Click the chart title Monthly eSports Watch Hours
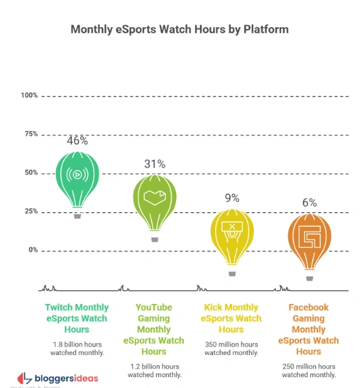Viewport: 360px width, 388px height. pyautogui.click(x=179, y=29)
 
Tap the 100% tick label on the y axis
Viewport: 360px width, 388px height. pyautogui.click(x=29, y=96)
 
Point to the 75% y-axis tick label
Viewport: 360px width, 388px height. pyautogui.click(x=30, y=135)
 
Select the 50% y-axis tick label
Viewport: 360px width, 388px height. pyautogui.click(x=30, y=173)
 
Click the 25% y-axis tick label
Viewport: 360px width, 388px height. pyautogui.click(x=30, y=212)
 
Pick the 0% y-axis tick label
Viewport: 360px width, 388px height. pyautogui.click(x=32, y=250)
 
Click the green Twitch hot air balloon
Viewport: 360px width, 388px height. pyautogui.click(x=77, y=178)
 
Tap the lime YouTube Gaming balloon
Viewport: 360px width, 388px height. pyautogui.click(x=155, y=200)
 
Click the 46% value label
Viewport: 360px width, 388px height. pyautogui.click(x=77, y=140)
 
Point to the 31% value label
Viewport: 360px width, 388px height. pyautogui.click(x=155, y=164)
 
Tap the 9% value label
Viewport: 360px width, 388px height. pyautogui.click(x=232, y=198)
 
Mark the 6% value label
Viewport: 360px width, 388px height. pyautogui.click(x=309, y=202)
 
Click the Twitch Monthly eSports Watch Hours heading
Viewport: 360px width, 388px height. pyautogui.click(x=77, y=318)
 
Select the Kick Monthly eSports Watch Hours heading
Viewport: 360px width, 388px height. pyautogui.click(x=232, y=318)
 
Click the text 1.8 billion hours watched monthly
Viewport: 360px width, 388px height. pyautogui.click(x=77, y=349)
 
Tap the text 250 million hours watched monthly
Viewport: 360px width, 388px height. pyautogui.click(x=309, y=370)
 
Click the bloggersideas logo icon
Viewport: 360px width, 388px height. pyautogui.click(x=23, y=378)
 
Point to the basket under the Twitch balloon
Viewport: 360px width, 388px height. pyautogui.click(x=78, y=216)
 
